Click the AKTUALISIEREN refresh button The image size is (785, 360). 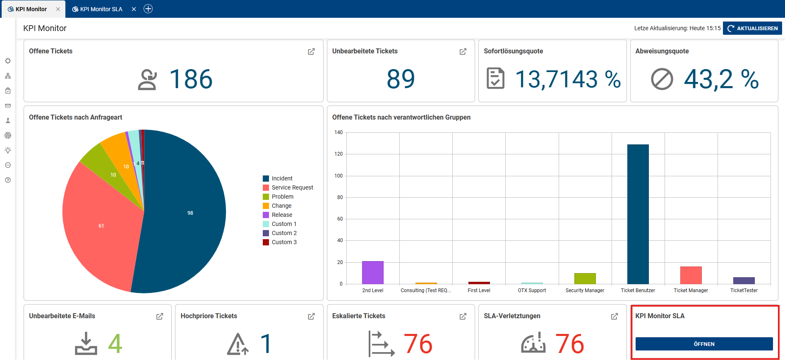point(752,28)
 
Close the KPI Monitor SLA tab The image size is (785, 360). point(134,9)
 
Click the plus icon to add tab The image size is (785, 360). point(148,9)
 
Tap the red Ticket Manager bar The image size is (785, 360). point(691,275)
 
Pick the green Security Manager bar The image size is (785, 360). point(585,278)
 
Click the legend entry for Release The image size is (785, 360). point(282,215)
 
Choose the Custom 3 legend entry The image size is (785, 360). point(284,242)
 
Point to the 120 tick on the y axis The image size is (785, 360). point(338,154)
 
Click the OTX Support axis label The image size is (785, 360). point(532,290)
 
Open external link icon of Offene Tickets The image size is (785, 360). point(311,51)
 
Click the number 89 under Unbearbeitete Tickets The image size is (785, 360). point(401,79)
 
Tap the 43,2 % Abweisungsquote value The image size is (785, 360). point(721,79)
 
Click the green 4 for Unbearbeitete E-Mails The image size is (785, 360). point(115,344)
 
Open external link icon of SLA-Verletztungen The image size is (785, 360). point(615,316)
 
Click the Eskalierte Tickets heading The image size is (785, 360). point(358,316)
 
